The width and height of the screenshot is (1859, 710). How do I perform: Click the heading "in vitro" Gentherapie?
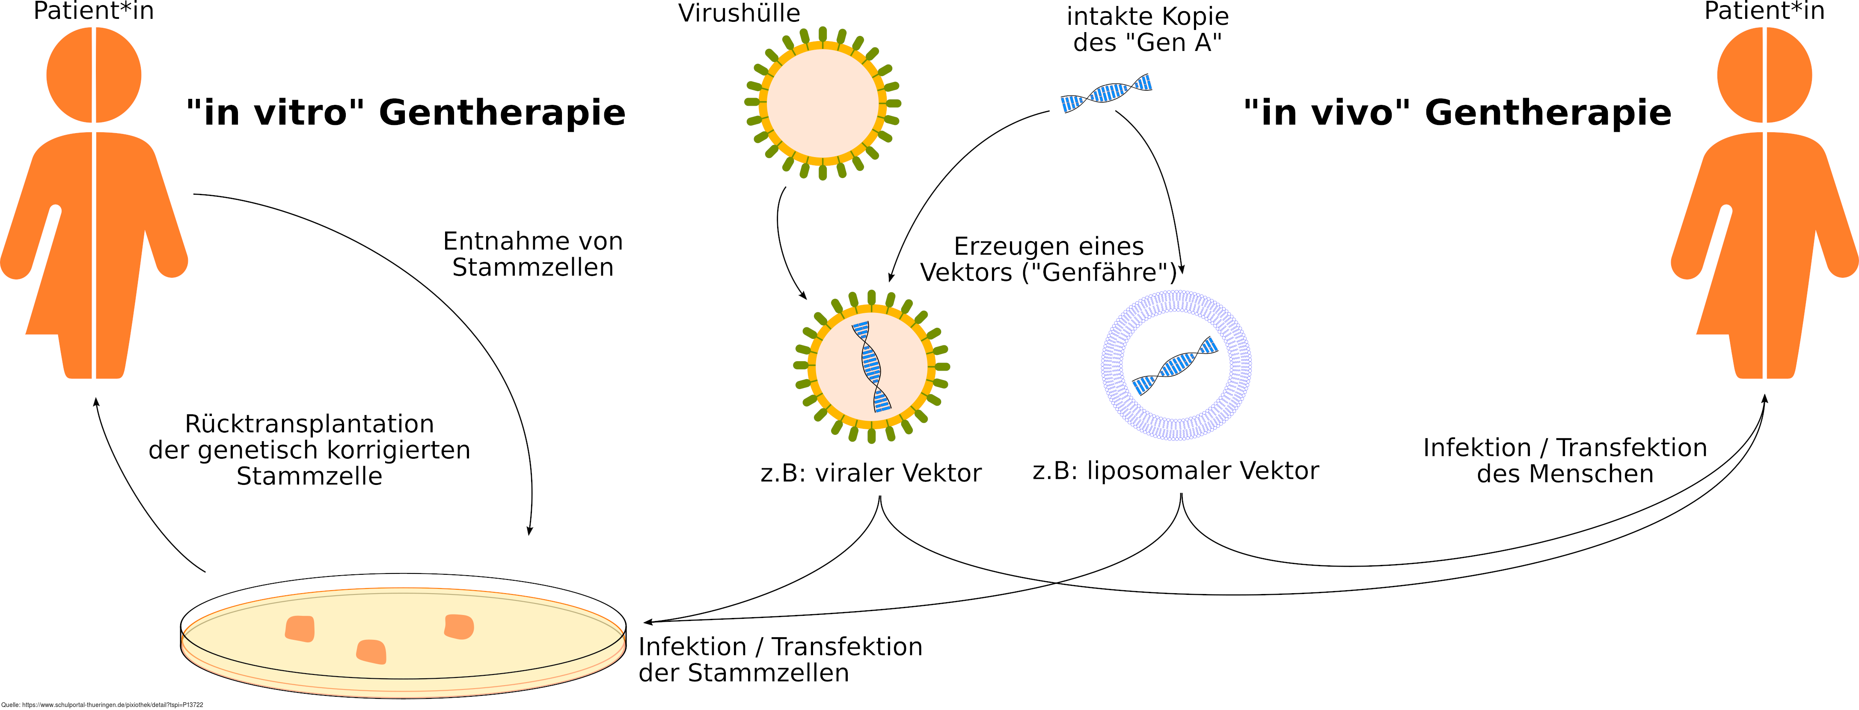click(x=406, y=113)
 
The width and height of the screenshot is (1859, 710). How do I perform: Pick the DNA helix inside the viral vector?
click(x=872, y=366)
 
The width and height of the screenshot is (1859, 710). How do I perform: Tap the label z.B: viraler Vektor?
click(x=871, y=473)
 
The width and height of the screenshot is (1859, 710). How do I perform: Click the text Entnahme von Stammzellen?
click(x=533, y=254)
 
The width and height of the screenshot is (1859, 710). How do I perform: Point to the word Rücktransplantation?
click(x=309, y=424)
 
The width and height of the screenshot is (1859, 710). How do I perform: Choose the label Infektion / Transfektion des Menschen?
click(x=1565, y=461)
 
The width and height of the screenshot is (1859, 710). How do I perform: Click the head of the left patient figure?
click(x=94, y=75)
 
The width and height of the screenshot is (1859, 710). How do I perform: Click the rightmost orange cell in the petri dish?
click(x=459, y=626)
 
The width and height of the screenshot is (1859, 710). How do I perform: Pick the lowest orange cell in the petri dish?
click(x=371, y=651)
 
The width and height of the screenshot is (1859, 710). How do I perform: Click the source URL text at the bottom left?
click(x=102, y=705)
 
